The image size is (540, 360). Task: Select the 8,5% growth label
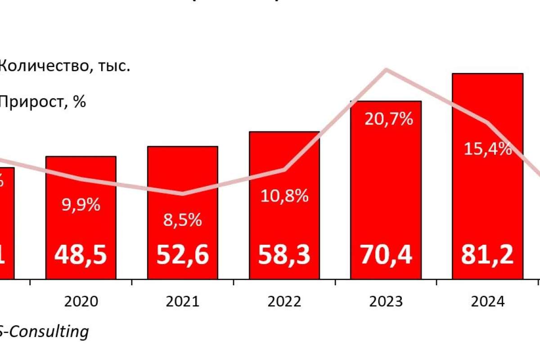pyautogui.click(x=183, y=220)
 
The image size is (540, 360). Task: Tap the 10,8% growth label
pyautogui.click(x=284, y=195)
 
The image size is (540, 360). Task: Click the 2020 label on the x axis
pyautogui.click(x=81, y=301)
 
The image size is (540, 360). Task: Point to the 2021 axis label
pyautogui.click(x=183, y=301)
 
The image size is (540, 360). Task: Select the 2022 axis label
pyautogui.click(x=284, y=301)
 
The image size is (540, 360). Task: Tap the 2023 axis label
pyautogui.click(x=386, y=301)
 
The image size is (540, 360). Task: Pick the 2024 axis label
pyautogui.click(x=488, y=301)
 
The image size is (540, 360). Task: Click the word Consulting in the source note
pyautogui.click(x=49, y=332)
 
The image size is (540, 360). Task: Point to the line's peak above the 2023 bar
pyautogui.click(x=386, y=69)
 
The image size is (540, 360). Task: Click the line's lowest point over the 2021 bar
pyautogui.click(x=183, y=194)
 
